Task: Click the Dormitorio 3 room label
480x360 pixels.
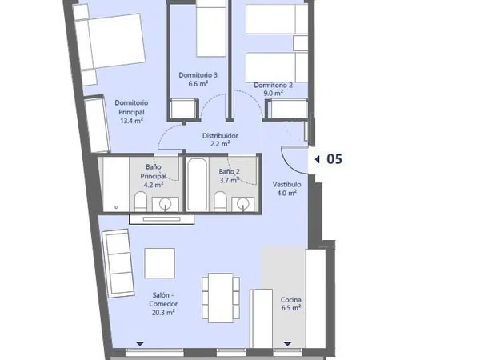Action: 198,75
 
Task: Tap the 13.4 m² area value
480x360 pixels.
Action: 132,121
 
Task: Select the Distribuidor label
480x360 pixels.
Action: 220,135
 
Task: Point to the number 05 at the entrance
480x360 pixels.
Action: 334,159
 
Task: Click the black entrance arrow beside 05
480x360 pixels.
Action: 317,159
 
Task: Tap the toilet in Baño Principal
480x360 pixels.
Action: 141,201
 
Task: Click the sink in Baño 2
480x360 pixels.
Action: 242,204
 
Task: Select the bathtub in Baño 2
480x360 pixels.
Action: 197,184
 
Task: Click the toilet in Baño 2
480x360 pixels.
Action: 220,201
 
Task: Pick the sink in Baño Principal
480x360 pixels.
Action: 166,204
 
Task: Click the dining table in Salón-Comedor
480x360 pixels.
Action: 221,298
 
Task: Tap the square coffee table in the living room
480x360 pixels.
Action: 160,263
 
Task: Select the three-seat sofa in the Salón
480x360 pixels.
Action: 118,263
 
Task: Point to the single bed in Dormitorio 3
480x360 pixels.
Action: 211,28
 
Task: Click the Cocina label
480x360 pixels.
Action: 291,300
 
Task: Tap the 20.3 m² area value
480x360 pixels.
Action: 163,313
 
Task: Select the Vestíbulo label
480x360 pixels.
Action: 287,184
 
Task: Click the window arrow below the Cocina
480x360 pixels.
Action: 287,344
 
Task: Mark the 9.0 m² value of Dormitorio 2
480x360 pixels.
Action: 273,93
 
